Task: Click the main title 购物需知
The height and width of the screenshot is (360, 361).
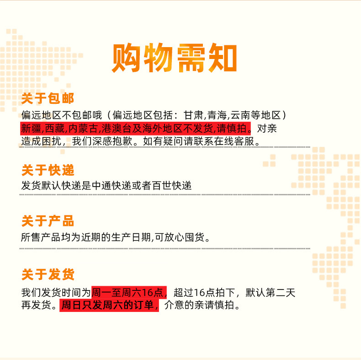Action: (x=174, y=58)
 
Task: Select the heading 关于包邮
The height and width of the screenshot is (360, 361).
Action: (x=48, y=98)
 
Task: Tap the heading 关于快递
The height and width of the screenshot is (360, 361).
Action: (x=48, y=170)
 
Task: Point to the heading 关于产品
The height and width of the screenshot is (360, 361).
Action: (x=48, y=221)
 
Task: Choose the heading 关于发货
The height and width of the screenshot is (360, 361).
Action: (x=48, y=274)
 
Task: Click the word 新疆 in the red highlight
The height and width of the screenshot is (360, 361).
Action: (x=31, y=129)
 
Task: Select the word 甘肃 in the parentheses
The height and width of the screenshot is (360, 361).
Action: (x=193, y=115)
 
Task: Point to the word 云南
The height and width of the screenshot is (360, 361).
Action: (x=240, y=115)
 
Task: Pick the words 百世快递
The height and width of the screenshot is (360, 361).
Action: (x=172, y=186)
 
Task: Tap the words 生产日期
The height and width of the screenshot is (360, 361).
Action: (x=131, y=237)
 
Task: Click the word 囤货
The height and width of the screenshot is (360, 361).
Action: (x=195, y=237)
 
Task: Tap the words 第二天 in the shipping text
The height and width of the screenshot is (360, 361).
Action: (x=281, y=292)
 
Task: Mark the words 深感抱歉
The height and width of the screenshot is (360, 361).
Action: (x=112, y=141)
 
